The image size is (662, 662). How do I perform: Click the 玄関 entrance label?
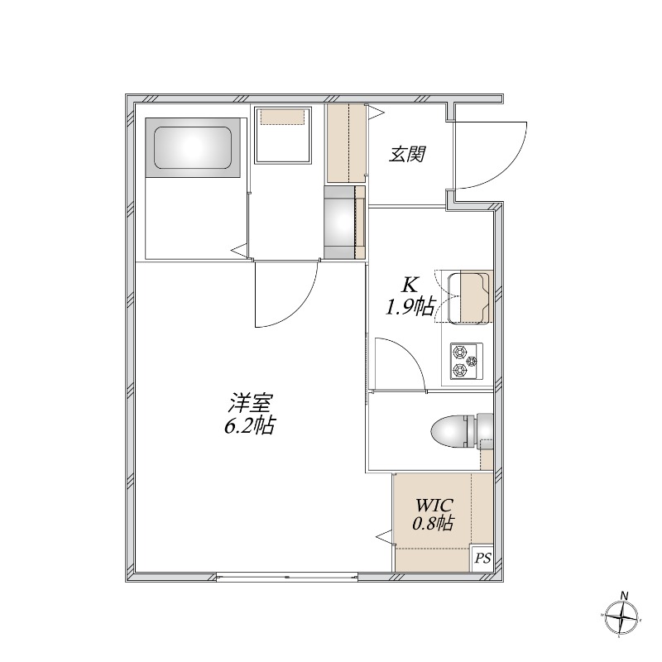407,155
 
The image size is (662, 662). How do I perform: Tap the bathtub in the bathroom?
193,147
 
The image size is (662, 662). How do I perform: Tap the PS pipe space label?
482,558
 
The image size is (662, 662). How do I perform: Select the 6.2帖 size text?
250,425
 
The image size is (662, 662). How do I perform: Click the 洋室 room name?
250,403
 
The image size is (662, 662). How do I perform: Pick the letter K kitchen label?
409,285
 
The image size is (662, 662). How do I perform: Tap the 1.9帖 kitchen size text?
409,306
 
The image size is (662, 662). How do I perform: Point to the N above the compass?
624,596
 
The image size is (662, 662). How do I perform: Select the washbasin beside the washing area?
339,222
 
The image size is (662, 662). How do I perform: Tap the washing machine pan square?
283,135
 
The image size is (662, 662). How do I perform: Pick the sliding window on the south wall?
287,577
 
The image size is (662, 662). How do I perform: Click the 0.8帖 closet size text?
433,524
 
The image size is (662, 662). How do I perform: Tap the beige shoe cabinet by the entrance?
346,143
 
